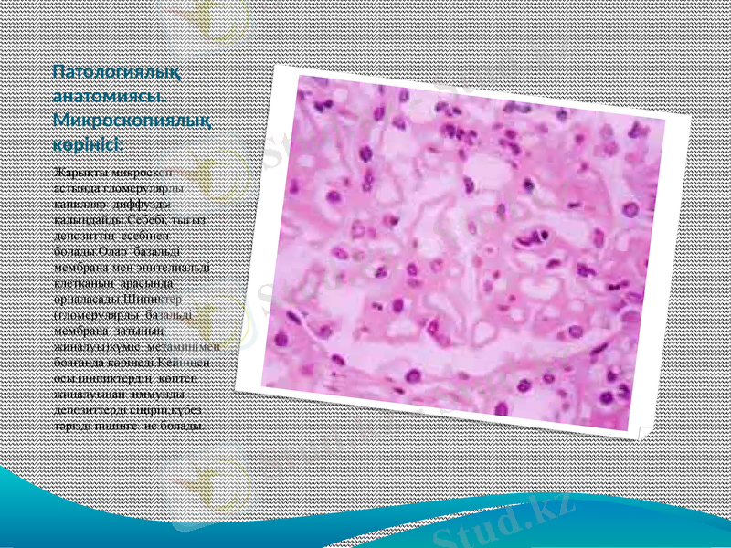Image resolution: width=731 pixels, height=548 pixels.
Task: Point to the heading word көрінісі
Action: tap(89, 144)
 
